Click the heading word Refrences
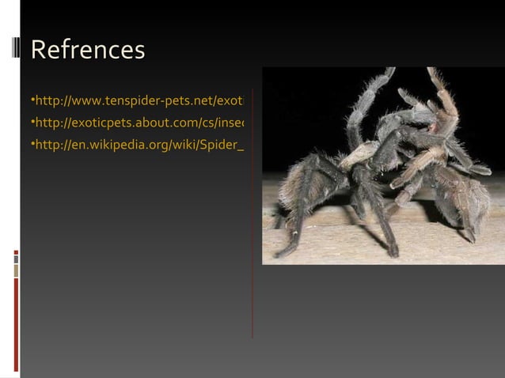(x=88, y=50)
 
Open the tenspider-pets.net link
(x=139, y=102)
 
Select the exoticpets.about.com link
(x=139, y=123)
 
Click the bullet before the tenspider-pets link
(x=32, y=102)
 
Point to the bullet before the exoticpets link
(x=32, y=123)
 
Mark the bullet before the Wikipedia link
(x=32, y=146)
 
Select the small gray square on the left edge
(x=16, y=259)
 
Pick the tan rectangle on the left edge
(x=16, y=271)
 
